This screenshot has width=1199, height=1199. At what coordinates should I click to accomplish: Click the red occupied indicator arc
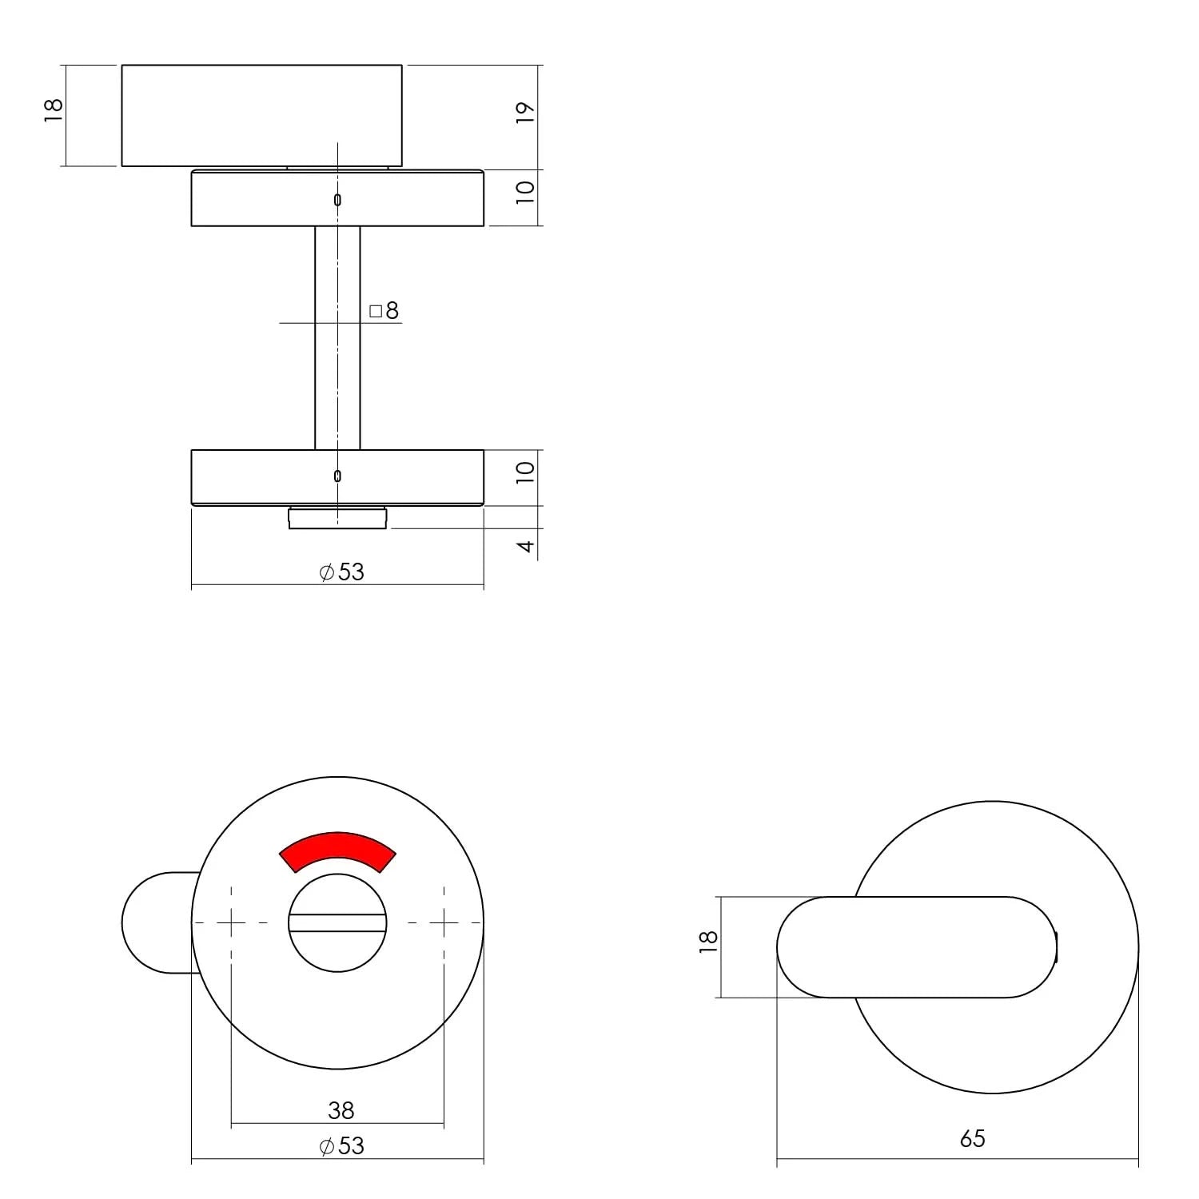coord(337,850)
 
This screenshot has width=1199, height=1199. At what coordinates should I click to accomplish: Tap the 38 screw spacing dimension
coord(341,1109)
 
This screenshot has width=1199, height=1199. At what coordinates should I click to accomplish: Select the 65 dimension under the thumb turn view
coord(972,1138)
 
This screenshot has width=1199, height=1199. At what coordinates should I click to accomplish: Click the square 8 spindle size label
coord(384,311)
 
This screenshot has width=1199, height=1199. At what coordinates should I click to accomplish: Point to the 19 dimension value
coord(524,113)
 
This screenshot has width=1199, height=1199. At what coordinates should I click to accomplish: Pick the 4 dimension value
coord(525,546)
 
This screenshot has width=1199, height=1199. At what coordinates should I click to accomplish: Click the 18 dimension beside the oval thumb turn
coord(708,941)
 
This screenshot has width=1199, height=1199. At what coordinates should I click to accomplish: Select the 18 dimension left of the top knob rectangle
coord(53,110)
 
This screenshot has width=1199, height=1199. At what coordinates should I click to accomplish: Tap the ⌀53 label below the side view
coord(341,572)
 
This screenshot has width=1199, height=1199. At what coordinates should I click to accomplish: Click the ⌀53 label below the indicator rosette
coord(341,1145)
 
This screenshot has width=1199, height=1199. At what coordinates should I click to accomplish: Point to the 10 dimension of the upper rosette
coord(524,193)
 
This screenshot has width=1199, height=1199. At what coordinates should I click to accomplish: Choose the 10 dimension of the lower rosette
coord(524,472)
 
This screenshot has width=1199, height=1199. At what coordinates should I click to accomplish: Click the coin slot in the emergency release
coord(337,924)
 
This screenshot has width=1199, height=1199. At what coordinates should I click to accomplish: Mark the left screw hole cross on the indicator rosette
coord(231,923)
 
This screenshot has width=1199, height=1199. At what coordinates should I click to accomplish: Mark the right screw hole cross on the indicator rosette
coord(444,923)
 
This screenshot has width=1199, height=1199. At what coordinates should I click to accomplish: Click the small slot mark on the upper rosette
coord(337,200)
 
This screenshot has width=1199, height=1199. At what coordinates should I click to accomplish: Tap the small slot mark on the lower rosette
coord(337,476)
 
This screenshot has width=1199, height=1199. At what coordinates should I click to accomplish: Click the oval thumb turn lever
coord(919,947)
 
